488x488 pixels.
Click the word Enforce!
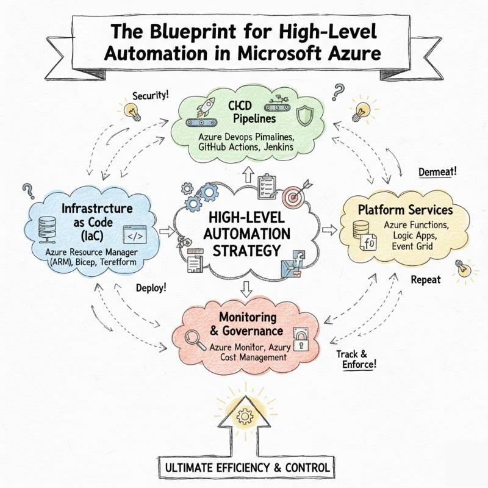click(x=357, y=364)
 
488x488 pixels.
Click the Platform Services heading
click(x=405, y=210)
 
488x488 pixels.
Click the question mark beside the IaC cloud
click(x=27, y=192)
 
